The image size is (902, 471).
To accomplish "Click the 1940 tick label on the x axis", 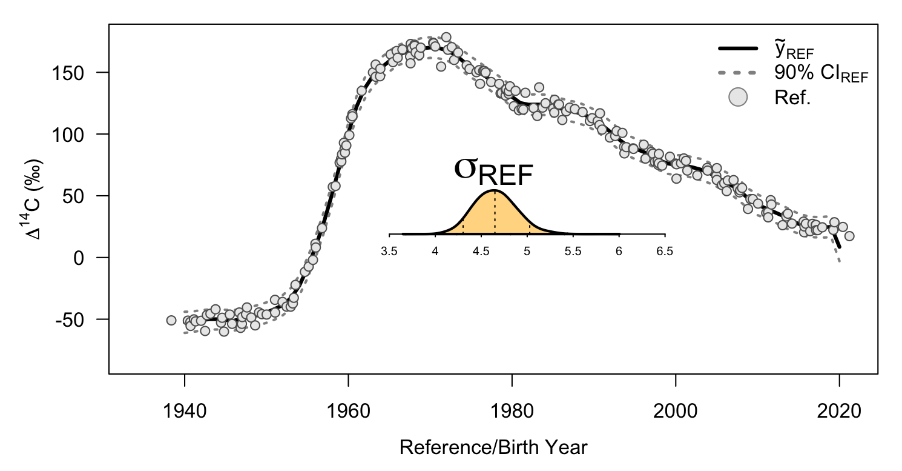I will click(x=184, y=413).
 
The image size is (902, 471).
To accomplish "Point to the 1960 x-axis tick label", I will click(x=348, y=413).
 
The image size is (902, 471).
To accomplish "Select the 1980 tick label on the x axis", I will click(x=512, y=413).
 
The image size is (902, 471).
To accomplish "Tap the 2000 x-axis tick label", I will click(x=675, y=413).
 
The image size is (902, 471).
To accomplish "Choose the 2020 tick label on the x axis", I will click(x=839, y=413).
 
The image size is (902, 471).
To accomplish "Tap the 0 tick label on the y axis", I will click(x=86, y=258).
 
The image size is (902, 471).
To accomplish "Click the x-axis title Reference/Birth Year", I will click(x=493, y=448).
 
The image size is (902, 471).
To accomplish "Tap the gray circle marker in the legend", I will click(x=737, y=97).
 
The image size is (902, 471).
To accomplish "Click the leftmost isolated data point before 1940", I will click(x=171, y=320).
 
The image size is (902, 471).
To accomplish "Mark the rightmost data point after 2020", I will click(x=849, y=236).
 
